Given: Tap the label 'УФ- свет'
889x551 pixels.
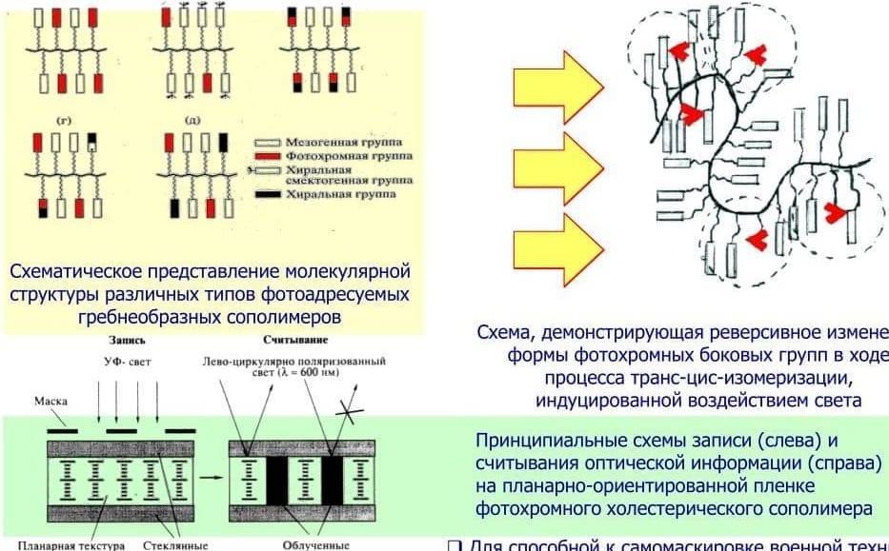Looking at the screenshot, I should pyautogui.click(x=127, y=362).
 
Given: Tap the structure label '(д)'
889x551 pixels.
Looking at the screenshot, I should pyautogui.click(x=192, y=121).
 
